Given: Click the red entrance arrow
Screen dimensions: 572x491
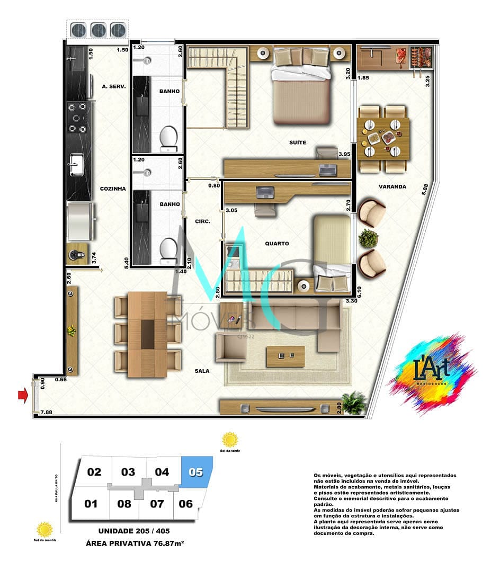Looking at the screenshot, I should click(x=23, y=395).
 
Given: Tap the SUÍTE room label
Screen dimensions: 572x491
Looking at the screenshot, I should click(x=297, y=142).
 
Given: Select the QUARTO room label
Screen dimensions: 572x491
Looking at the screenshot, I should click(x=277, y=244).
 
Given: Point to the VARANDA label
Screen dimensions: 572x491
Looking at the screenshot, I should click(x=392, y=186).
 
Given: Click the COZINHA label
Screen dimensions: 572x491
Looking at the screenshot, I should click(x=113, y=189).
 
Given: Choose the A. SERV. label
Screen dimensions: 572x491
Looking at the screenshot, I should click(x=113, y=86).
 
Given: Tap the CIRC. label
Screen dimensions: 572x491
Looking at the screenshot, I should click(x=202, y=221).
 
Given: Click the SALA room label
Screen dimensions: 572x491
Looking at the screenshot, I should click(x=201, y=371).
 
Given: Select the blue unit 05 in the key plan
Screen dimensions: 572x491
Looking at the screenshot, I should click(x=197, y=471).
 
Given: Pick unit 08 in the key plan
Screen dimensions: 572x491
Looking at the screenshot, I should click(x=124, y=503).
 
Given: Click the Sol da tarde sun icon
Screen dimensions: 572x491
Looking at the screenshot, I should click(x=230, y=440).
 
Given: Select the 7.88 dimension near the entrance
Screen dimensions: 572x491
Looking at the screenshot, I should click(x=46, y=412).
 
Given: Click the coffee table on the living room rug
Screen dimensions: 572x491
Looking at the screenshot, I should click(x=285, y=356).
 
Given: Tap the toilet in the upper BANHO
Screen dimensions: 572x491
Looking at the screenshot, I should click(x=168, y=139).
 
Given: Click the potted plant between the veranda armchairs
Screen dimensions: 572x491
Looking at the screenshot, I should click(x=368, y=238).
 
